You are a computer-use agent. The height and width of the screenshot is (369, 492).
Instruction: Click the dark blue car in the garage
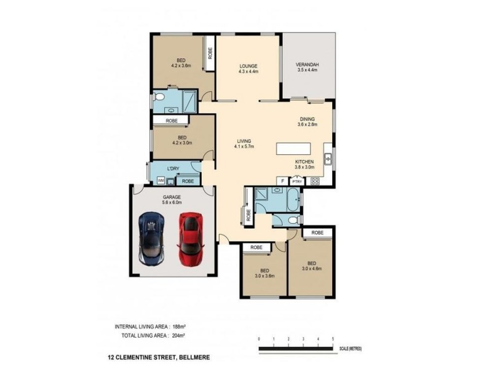pyautogui.click(x=152, y=237)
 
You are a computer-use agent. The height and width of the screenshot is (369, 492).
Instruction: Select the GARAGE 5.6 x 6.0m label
pyautogui.click(x=172, y=197)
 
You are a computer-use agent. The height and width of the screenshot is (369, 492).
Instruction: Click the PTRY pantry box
pyautogui.click(x=297, y=181)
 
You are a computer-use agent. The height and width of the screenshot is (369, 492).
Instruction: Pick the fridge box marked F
pyautogui.click(x=282, y=181)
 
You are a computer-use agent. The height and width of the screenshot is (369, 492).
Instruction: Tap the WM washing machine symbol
pyautogui.click(x=161, y=181)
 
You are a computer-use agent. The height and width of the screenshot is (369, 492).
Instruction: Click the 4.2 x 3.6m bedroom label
pyautogui.click(x=181, y=63)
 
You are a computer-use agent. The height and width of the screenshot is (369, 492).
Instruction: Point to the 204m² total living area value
pyautogui.click(x=177, y=336)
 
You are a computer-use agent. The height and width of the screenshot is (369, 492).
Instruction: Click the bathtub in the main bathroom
pyautogui.click(x=292, y=200)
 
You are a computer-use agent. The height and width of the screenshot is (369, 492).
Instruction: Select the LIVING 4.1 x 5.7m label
pyautogui.click(x=244, y=144)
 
